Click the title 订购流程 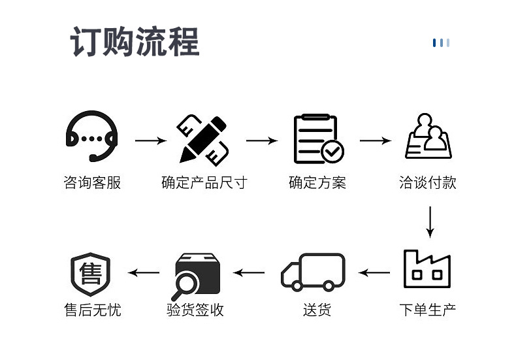coord(135,42)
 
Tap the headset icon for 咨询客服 coord(92,136)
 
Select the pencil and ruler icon coord(203,139)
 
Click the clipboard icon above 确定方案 coord(318,139)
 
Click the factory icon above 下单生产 coord(427,269)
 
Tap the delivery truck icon coord(313,271)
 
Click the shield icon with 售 coord(90,274)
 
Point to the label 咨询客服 coord(92,182)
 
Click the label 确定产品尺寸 coord(204,182)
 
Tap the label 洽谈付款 coord(427,182)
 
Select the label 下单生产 coord(427,309)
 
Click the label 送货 coord(316,309)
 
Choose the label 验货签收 coord(195,309)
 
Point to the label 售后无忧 coord(92,309)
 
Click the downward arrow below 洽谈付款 coord(429,221)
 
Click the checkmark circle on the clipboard coord(333,152)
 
